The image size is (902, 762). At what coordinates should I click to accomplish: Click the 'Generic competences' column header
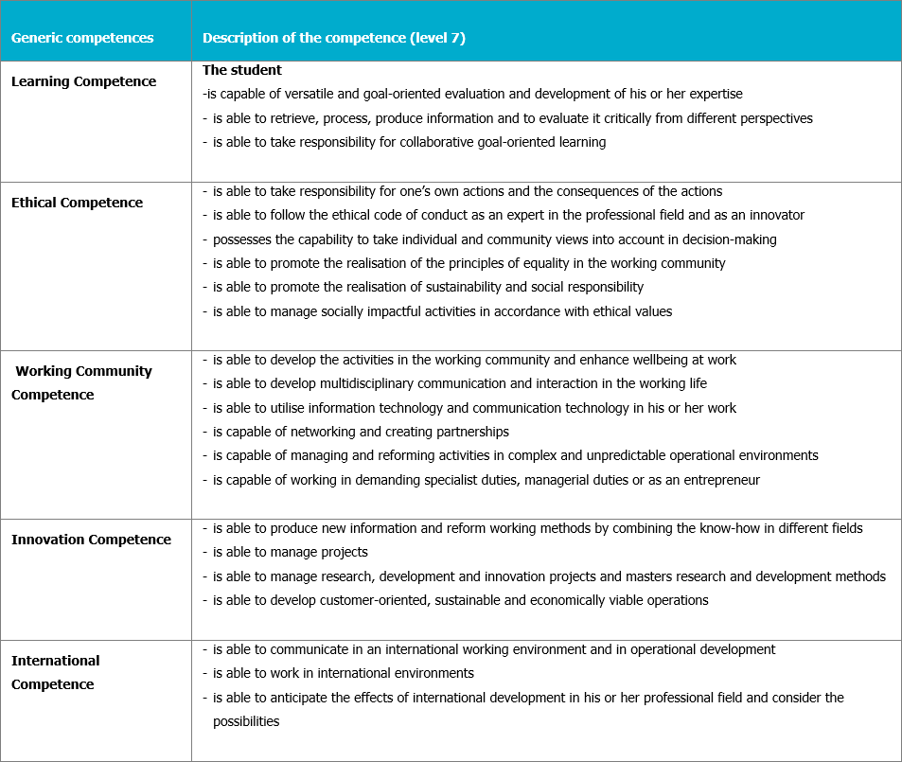(x=82, y=39)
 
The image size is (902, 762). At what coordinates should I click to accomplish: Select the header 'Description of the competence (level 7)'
(x=334, y=39)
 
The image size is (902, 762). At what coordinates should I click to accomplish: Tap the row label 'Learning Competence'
(x=83, y=81)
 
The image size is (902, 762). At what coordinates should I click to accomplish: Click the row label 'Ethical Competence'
(x=77, y=203)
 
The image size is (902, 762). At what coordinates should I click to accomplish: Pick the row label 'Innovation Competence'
(x=91, y=540)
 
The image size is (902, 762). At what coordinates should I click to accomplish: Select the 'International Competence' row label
(x=55, y=672)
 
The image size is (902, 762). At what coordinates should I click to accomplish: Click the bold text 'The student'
(x=242, y=70)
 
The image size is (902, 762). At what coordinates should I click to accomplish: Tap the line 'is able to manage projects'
(x=290, y=552)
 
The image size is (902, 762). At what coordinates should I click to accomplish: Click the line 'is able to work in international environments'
(x=343, y=673)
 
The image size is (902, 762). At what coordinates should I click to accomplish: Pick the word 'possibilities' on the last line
(x=246, y=721)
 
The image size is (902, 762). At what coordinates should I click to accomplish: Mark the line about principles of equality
(x=469, y=263)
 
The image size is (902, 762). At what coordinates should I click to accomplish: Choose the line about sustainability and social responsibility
(x=428, y=287)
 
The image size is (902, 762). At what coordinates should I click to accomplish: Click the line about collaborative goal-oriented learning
(x=409, y=142)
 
